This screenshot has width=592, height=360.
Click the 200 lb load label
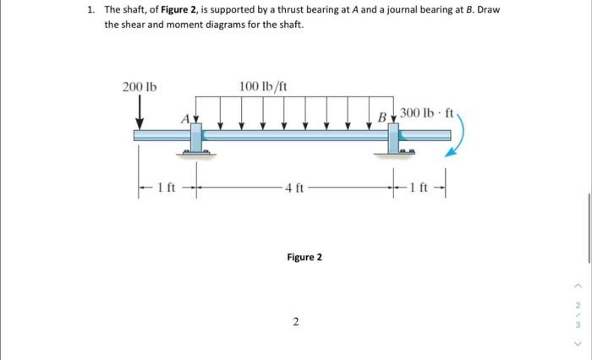pyautogui.click(x=140, y=87)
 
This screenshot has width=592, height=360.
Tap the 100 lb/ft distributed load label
pyautogui.click(x=263, y=86)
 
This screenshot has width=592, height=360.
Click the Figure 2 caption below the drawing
pyautogui.click(x=304, y=257)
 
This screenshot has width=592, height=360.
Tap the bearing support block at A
pyautogui.click(x=195, y=138)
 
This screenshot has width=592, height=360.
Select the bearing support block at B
pyautogui.click(x=395, y=138)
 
